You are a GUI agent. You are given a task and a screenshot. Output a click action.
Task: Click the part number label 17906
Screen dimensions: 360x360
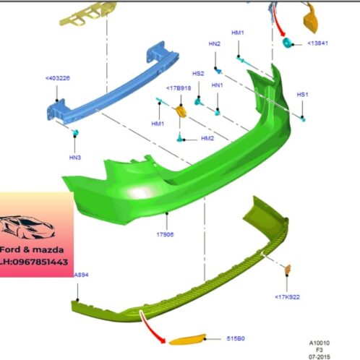pos(165,234)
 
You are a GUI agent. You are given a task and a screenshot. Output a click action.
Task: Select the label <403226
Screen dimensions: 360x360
pos(58,78)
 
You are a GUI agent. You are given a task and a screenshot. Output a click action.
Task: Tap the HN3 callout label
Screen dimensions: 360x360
pos(75,158)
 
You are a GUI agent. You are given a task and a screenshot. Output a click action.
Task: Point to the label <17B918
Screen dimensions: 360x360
pos(179,88)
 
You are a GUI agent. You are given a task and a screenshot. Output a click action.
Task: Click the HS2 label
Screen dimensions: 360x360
pos(198,74)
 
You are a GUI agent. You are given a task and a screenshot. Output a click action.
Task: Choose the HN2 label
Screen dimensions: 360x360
pos(215,44)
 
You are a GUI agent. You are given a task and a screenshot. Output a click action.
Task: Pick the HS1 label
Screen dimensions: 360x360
pos(302,95)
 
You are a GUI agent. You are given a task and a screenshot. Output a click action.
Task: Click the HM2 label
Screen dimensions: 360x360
pos(207,138)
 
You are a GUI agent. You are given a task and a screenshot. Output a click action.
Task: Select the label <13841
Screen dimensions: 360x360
pos(317,43)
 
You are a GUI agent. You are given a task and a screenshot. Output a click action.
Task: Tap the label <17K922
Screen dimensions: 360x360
pos(287,297)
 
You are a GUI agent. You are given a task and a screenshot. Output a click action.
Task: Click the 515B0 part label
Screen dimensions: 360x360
pos(236,338)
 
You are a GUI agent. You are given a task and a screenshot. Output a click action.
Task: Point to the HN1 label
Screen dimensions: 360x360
pos(217,85)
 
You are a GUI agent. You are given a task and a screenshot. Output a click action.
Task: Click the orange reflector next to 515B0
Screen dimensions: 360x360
pos(187,340)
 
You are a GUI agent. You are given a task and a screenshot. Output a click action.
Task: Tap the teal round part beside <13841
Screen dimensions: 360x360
pos(288,43)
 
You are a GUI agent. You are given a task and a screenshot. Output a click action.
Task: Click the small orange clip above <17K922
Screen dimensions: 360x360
pos(288,269)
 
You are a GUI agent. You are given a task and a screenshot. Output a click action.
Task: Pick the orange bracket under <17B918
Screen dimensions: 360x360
pos(181,111)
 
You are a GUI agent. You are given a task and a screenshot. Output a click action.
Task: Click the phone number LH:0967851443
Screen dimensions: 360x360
pos(34,262)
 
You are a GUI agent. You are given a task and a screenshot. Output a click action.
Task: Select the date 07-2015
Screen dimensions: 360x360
pos(320,356)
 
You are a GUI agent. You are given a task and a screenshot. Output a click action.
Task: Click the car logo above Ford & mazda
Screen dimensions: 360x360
pos(27,227)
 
